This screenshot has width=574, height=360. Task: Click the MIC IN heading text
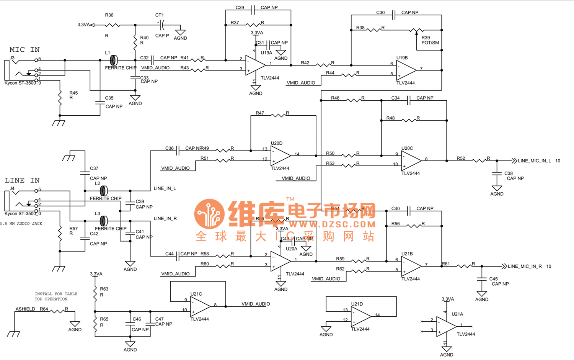24,50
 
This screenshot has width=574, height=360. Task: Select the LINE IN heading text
22,180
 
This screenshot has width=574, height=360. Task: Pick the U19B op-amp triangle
406,70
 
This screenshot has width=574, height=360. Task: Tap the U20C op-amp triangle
411,160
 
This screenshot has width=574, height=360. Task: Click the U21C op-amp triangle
200,306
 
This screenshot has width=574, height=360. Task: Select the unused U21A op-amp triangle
446,327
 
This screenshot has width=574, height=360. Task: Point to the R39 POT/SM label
430,40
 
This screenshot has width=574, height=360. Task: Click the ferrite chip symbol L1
113,60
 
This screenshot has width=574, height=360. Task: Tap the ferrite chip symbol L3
103,221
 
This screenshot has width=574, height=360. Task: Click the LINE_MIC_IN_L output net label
534,161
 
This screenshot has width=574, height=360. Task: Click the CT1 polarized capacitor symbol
161,25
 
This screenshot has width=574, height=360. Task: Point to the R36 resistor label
109,15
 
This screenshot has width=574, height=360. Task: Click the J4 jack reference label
12,189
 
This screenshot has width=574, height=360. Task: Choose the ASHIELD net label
25,309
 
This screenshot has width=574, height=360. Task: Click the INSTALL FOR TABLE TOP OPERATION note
56,296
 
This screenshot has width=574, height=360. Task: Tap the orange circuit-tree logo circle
209,214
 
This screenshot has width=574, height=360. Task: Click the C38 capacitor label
508,173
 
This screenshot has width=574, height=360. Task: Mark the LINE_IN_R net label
165,219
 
